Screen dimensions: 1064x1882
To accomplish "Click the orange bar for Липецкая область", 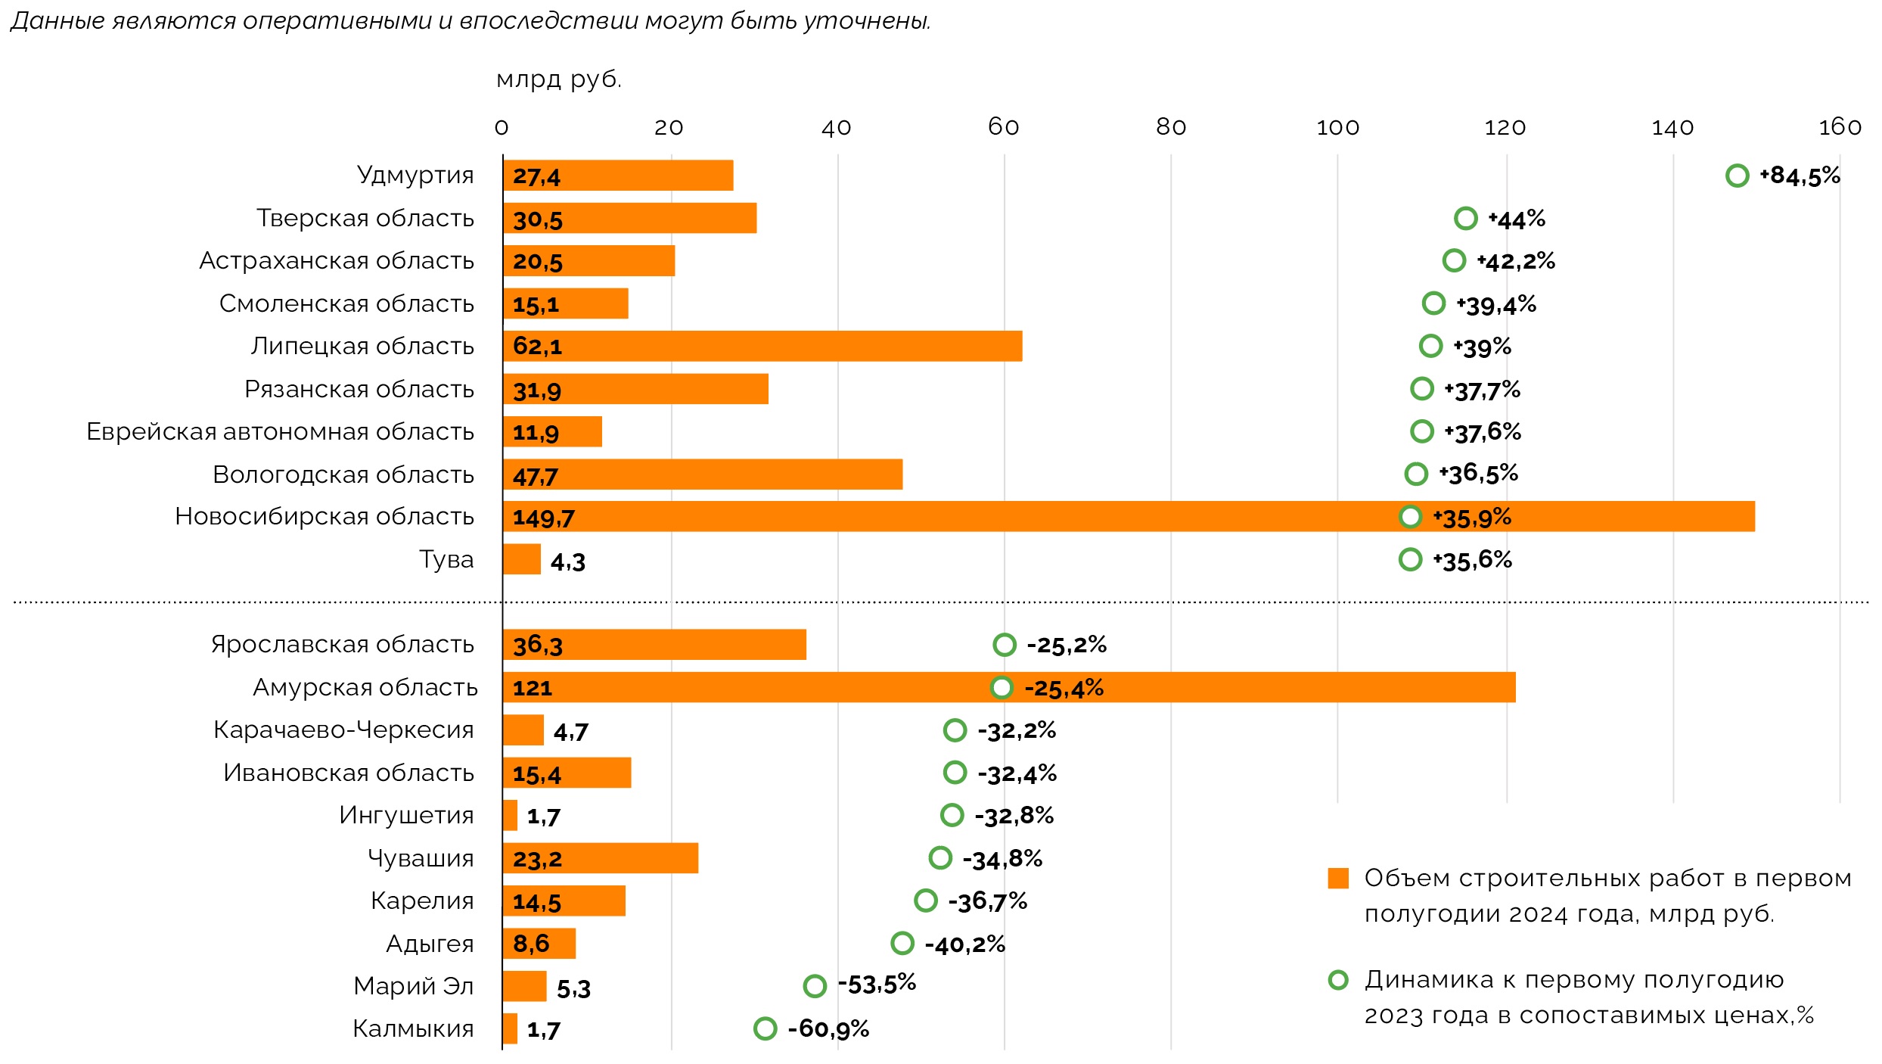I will tap(762, 346).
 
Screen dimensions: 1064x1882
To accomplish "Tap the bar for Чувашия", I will tap(601, 858).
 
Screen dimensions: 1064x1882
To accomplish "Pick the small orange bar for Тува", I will tap(522, 559).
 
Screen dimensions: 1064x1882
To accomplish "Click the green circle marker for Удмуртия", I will tap(1738, 176).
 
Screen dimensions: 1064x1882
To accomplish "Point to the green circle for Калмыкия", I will tap(766, 1028).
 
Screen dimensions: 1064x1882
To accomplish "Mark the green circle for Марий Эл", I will tap(815, 986).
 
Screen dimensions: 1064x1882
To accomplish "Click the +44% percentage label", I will tap(1517, 219).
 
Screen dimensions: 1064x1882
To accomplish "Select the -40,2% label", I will tap(965, 944).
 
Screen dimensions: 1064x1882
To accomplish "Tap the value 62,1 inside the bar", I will tap(537, 347).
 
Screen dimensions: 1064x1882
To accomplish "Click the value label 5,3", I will tap(573, 988).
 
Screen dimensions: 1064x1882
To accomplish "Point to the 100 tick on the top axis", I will tap(1337, 128).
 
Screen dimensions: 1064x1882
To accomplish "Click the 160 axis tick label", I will tap(1840, 127).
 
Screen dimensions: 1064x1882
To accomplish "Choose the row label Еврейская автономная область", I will tap(280, 431).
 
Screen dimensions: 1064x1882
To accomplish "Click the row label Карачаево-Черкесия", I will tap(343, 730).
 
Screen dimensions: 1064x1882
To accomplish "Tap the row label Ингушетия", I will tap(406, 815).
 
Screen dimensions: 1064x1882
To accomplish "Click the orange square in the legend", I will tap(1338, 878).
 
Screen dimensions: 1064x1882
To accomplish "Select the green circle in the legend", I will tap(1338, 980).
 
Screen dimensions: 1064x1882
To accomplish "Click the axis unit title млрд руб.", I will tap(559, 79).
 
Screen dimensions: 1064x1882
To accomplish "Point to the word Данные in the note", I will tap(57, 21).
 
